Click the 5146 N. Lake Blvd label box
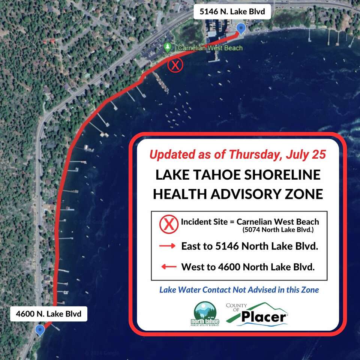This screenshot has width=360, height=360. (232, 12)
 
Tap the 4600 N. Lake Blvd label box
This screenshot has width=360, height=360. (48, 313)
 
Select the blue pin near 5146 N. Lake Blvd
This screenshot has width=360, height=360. (241, 28)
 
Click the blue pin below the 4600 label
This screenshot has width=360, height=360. (39, 330)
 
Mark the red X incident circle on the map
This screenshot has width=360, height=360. (175, 66)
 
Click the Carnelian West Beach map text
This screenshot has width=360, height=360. (210, 48)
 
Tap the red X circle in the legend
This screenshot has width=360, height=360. (169, 224)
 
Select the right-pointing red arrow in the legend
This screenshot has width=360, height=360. (168, 246)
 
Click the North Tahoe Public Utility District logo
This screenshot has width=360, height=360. (205, 313)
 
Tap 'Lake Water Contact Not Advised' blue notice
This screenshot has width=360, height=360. (239, 289)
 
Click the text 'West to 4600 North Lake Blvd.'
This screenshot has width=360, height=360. (248, 267)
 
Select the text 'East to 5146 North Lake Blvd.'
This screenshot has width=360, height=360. (249, 246)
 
